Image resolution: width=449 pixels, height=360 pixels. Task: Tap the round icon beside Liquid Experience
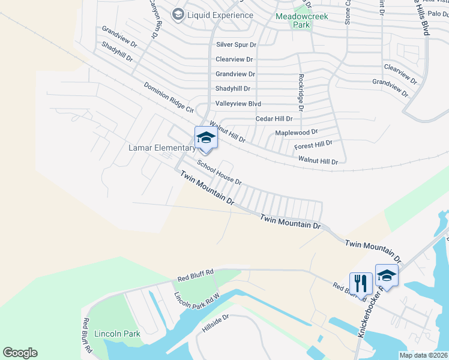click(x=178, y=14)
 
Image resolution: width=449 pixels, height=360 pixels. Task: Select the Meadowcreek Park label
click(x=301, y=16)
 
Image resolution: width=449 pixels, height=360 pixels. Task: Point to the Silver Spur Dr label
click(x=236, y=45)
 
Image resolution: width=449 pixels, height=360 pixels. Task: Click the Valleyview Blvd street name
click(x=238, y=104)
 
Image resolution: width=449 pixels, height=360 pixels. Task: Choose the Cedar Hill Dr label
click(x=274, y=119)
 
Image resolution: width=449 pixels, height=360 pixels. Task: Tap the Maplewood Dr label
click(x=296, y=132)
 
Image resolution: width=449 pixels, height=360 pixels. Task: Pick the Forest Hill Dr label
click(x=313, y=145)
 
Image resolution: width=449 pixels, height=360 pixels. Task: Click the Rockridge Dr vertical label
click(x=301, y=92)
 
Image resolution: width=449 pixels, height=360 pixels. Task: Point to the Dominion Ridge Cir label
click(x=169, y=98)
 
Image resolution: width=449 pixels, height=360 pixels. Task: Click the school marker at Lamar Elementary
click(x=205, y=137)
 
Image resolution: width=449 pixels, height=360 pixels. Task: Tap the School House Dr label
click(x=219, y=173)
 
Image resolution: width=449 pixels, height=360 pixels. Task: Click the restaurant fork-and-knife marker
click(x=361, y=282)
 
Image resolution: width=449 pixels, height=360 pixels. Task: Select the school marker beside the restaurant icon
click(x=387, y=275)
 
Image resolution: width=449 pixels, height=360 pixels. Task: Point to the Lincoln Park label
click(x=117, y=334)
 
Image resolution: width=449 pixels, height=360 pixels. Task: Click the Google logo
click(x=20, y=353)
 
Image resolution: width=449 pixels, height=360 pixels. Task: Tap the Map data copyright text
click(x=423, y=355)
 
